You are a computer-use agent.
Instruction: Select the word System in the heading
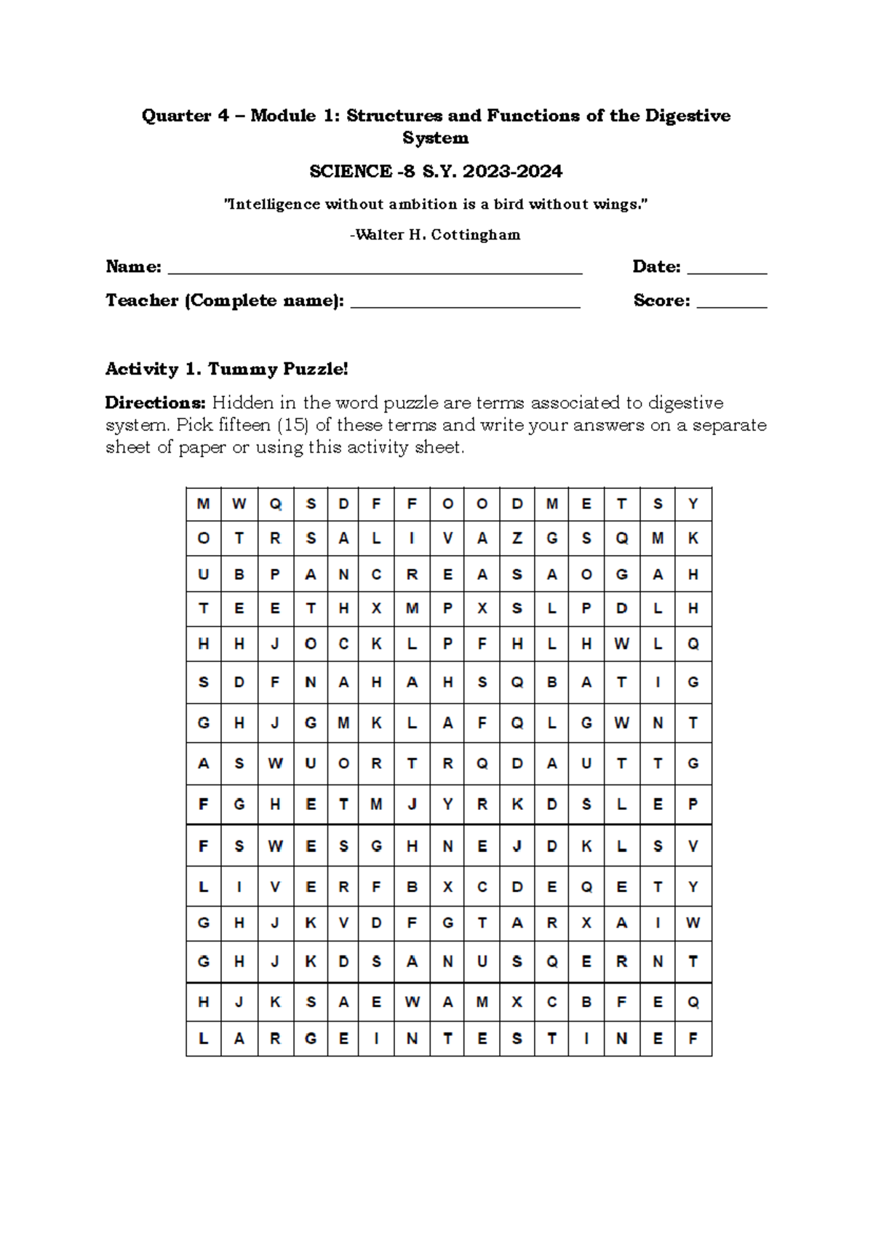coord(435,138)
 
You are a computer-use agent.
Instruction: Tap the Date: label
coord(656,267)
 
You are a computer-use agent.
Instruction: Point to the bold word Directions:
coord(156,403)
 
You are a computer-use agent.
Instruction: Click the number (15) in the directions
coord(293,425)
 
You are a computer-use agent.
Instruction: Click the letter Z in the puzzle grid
coord(517,538)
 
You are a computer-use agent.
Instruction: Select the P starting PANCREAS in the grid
coord(275,575)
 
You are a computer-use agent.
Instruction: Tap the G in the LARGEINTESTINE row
coord(311,1039)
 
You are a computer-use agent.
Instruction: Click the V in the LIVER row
coord(275,887)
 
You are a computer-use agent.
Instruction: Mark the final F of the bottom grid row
coord(693,1039)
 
